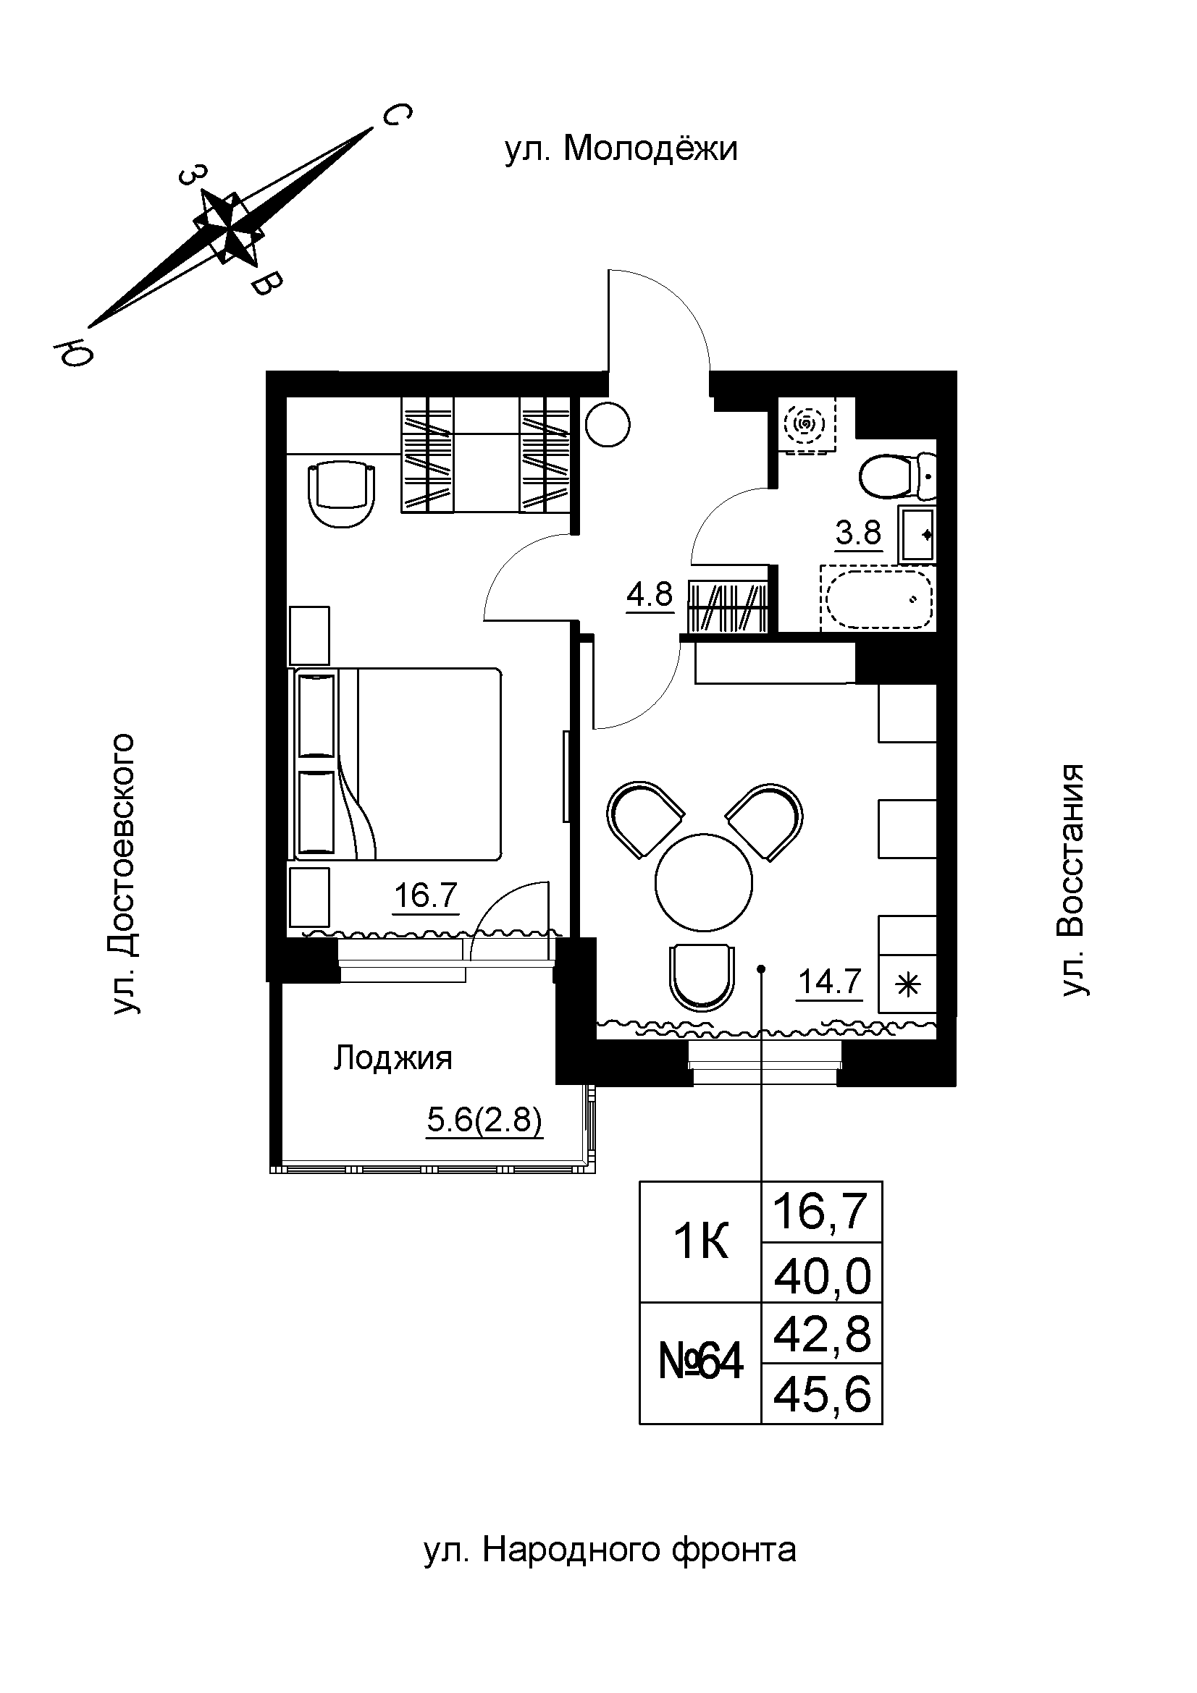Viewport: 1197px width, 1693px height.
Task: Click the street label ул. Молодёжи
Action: tap(621, 150)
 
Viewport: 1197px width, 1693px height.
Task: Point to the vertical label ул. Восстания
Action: tap(1073, 880)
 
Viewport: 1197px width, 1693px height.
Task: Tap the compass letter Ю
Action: tap(73, 354)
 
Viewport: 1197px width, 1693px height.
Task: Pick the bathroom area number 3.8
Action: tap(859, 532)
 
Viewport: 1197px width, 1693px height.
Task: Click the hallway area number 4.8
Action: tap(650, 594)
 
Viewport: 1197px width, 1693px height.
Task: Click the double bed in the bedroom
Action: tap(398, 764)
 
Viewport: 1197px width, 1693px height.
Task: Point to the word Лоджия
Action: tap(392, 1058)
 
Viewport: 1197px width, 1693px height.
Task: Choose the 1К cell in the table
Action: tap(700, 1243)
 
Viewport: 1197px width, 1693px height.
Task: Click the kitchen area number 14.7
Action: tap(831, 981)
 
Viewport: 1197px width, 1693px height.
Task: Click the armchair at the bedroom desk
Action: tap(343, 493)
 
